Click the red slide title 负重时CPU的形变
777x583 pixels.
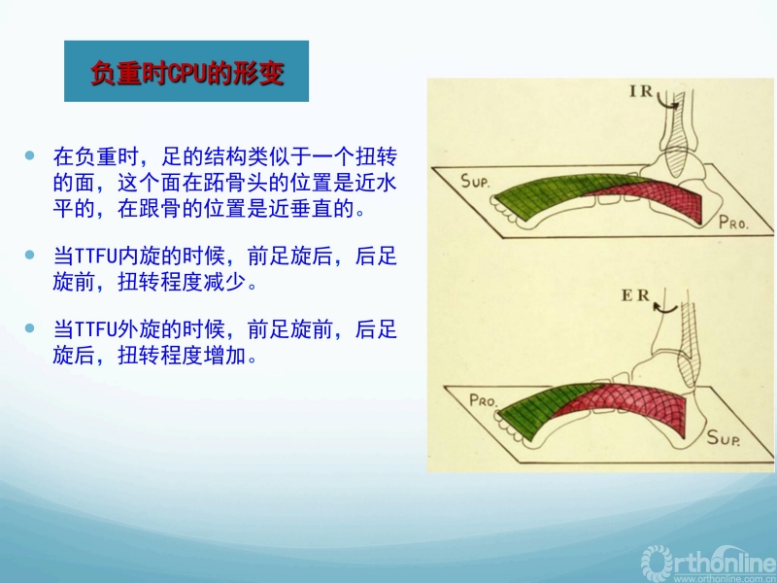pos(187,74)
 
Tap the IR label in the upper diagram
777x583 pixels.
pos(641,91)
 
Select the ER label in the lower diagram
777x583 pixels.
pos(635,295)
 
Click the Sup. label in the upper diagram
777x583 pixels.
pos(475,181)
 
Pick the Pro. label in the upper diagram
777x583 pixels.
pos(733,223)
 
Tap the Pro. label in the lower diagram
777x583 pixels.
pos(483,399)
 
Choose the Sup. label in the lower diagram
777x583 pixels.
pos(724,438)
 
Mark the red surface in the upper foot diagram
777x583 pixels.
pos(659,196)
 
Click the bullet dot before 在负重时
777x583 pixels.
pos(30,155)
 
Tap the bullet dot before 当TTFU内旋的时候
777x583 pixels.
pos(30,255)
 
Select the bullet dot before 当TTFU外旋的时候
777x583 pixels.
pos(30,328)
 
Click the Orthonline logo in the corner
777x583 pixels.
pos(709,565)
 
